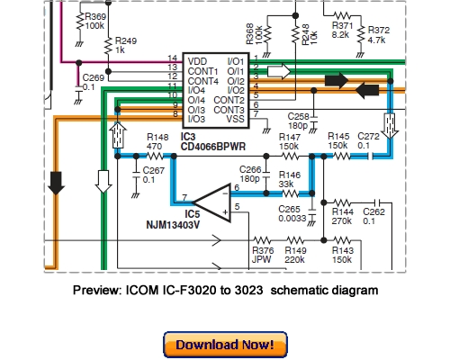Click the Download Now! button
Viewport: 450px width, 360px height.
(x=225, y=344)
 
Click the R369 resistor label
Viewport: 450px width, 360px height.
(x=94, y=16)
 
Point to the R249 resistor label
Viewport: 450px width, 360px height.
(x=125, y=40)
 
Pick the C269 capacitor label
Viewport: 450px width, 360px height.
(x=94, y=78)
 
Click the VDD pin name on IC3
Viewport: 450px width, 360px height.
(x=197, y=60)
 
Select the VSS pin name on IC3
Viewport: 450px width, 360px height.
(x=237, y=118)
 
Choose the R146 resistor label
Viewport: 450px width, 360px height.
(x=289, y=175)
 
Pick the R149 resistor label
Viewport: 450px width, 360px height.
(x=296, y=250)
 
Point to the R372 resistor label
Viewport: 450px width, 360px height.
(x=379, y=29)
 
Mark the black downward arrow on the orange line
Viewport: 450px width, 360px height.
(x=56, y=183)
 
